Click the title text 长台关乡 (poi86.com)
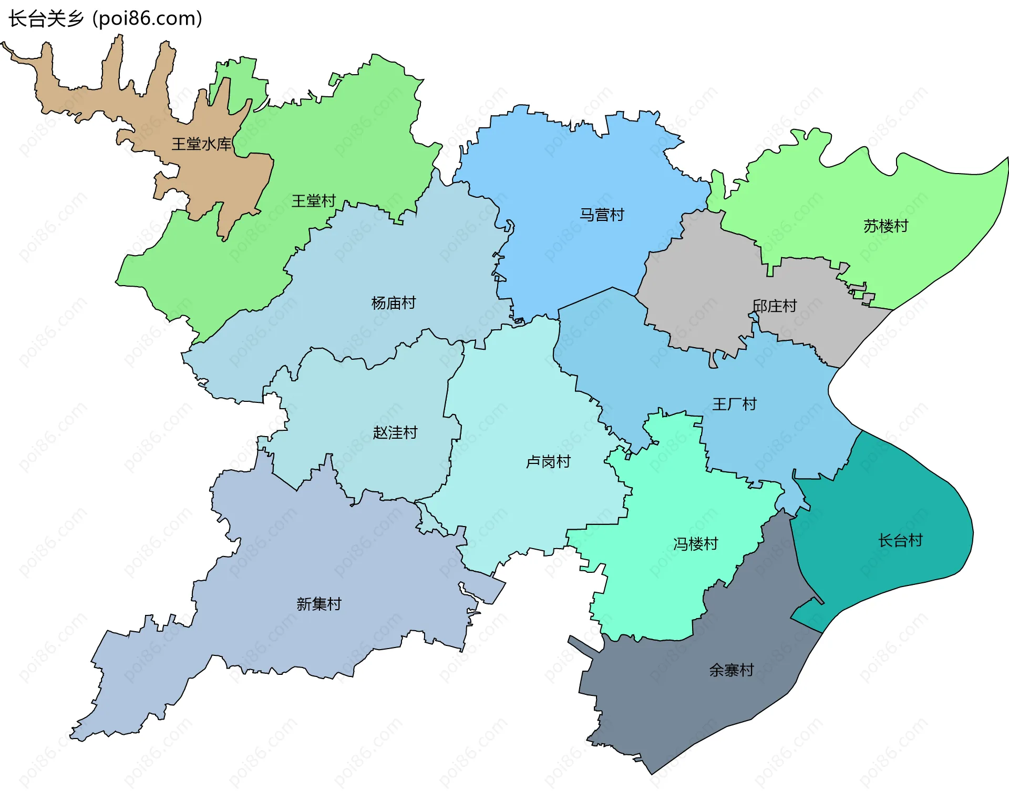pos(105,18)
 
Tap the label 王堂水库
pos(201,144)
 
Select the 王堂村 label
pos(314,201)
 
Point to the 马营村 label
pos(602,215)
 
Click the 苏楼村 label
pos(886,226)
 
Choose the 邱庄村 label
pos(775,306)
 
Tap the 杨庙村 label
pos(393,303)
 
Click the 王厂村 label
pos(734,404)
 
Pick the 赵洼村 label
pos(395,432)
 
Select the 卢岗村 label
pos(548,462)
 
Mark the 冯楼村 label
pos(695,544)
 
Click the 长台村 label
pos(900,540)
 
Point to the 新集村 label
pos(318,604)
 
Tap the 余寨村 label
pos(731,670)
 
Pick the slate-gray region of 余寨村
pos(683,705)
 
